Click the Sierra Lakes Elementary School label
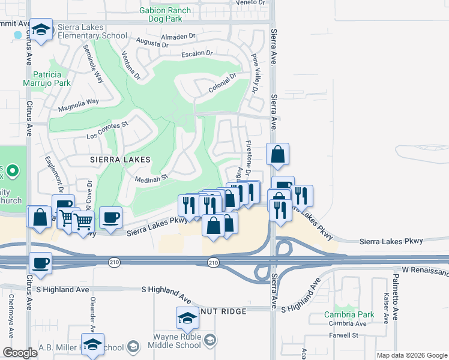(x=92, y=31)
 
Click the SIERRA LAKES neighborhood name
(x=119, y=160)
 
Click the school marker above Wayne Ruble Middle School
(x=187, y=317)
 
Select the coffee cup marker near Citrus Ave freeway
(x=41, y=262)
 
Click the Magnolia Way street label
(x=78, y=106)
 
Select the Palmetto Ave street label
(x=396, y=296)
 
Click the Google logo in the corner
(x=20, y=353)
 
